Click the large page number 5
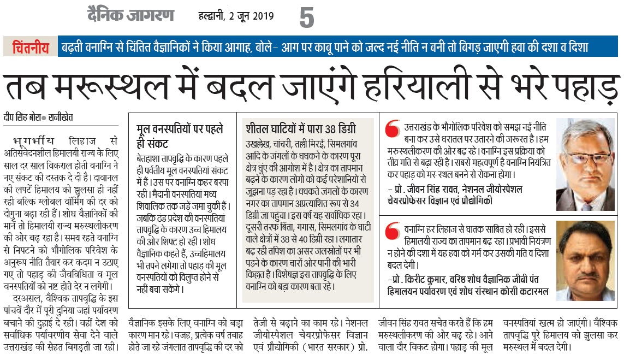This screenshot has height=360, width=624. pyautogui.click(x=307, y=18)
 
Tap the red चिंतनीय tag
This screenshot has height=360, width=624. pyautogui.click(x=31, y=47)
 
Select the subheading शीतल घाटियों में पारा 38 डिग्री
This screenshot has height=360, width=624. pyautogui.click(x=300, y=130)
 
